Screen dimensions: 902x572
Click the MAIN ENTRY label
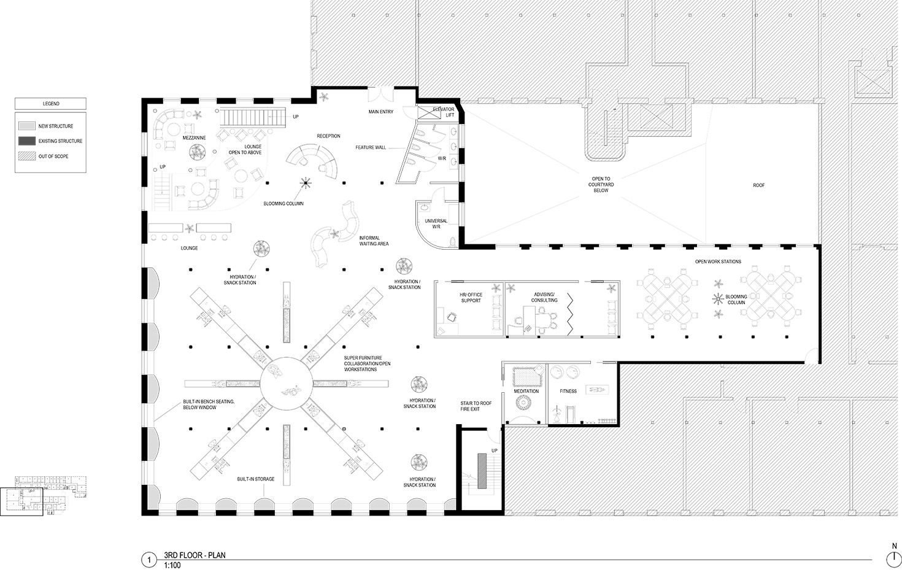380,112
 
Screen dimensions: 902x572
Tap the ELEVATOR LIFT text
444,112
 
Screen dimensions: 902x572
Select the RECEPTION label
328,136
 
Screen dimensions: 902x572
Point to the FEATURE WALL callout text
371,147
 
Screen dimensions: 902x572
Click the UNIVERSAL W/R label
436,224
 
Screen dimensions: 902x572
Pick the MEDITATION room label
526,391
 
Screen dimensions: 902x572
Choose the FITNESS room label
568,391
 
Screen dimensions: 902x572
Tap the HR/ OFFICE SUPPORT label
471,298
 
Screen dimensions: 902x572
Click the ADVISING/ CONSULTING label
544,297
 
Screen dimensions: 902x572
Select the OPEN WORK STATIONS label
718,262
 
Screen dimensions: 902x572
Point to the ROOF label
758,185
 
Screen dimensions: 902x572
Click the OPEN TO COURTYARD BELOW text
601,185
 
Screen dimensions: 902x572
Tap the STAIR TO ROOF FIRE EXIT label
476,406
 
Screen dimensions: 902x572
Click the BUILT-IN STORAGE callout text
256,479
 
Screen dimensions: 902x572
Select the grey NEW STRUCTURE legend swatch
26,126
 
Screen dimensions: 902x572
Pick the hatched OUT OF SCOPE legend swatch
26,157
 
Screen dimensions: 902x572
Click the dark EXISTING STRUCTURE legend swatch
26,141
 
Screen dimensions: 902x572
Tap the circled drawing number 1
149,560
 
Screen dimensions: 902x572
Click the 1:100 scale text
172,565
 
